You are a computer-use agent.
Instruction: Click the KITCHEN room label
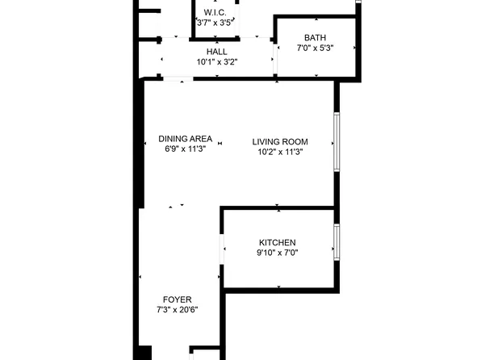pos(278,243)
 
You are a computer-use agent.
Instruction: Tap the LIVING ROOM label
pos(280,142)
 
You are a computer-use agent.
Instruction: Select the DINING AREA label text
pos(186,139)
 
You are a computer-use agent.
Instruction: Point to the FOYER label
pos(178,299)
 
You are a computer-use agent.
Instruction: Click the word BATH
pos(315,38)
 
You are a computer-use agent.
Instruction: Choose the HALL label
pos(217,52)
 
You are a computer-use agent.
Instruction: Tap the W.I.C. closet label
pos(215,13)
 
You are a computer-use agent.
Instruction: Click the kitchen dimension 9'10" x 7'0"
pos(278,253)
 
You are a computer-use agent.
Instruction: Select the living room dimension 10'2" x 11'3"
pos(280,152)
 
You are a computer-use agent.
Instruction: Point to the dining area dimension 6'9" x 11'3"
pos(186,149)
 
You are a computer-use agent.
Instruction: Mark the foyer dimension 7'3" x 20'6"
pos(178,310)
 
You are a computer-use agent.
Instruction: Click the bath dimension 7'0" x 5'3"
pos(315,48)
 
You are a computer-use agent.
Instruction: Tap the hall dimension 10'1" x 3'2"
pos(217,62)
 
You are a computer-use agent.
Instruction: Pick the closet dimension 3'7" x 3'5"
pos(215,23)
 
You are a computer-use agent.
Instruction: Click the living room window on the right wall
pos(337,142)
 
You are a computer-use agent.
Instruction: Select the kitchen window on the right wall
pos(337,242)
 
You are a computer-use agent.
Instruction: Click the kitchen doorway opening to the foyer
pos(222,249)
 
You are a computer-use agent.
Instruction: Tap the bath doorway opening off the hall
pos(275,59)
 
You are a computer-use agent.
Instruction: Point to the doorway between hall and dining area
pos(178,79)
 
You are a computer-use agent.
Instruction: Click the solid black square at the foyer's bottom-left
pos(145,353)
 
